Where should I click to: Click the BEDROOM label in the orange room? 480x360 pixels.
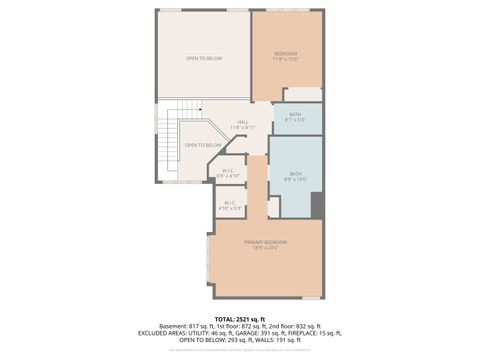286,53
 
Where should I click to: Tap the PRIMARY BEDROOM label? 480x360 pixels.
266,242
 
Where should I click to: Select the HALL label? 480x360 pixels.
243,122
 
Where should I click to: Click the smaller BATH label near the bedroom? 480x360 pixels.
295,115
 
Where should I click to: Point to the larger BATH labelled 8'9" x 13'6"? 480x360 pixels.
295,174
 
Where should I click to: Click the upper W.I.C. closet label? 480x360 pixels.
228,171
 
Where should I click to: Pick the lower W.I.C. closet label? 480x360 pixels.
230,203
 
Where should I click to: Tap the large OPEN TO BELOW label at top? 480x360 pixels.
203,59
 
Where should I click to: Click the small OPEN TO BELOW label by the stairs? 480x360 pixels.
203,145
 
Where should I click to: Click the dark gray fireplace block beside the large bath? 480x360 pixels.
317,204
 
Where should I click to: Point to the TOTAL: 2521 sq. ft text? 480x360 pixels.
239,318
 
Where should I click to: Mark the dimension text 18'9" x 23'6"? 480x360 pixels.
266,248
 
